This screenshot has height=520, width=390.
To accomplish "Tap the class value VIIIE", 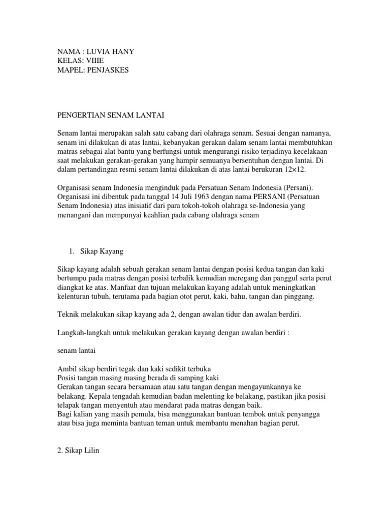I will (89, 61).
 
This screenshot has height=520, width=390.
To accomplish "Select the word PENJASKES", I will (108, 70).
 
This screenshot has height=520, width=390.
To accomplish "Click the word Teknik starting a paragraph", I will (68, 314).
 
